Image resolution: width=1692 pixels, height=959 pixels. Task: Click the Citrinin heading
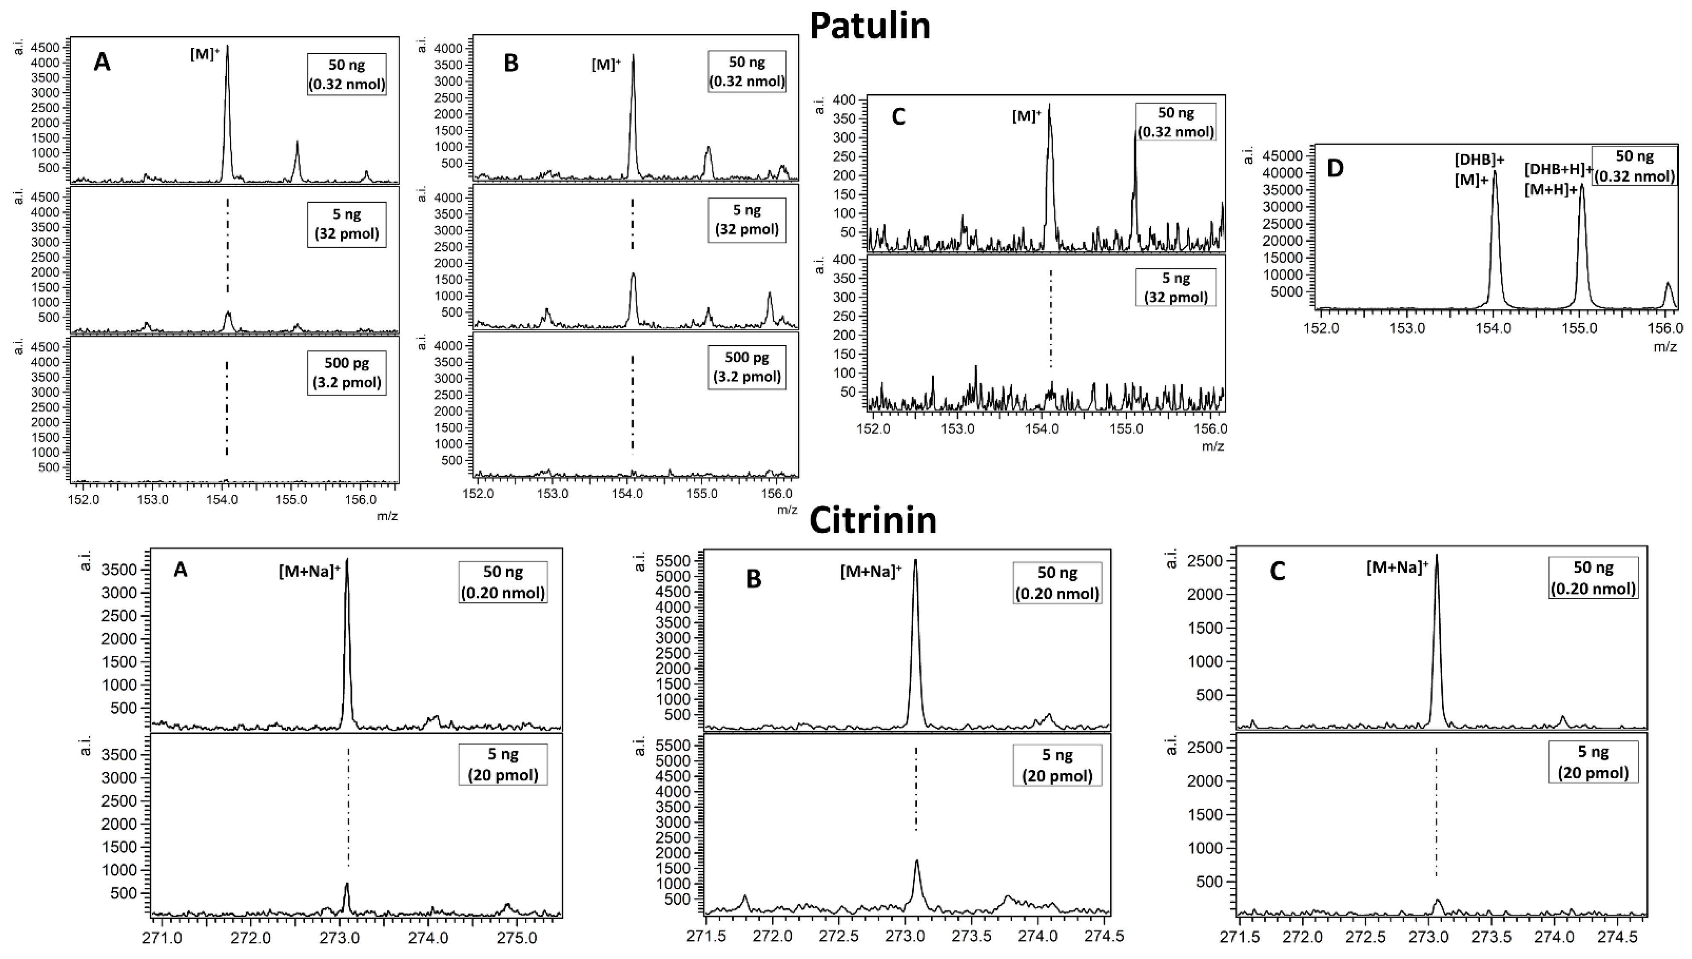(x=872, y=520)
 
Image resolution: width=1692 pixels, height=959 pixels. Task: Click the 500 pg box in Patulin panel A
(x=347, y=373)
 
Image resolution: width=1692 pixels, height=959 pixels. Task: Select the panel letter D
(x=1334, y=169)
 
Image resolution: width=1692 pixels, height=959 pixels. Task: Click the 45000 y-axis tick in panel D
(x=1281, y=156)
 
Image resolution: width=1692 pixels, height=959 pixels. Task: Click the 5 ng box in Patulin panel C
(x=1176, y=288)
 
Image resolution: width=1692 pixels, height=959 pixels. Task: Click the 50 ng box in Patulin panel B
(x=747, y=72)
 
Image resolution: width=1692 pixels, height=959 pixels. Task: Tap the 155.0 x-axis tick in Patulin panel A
(x=292, y=499)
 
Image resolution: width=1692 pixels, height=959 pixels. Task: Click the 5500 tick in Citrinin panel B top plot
(x=672, y=561)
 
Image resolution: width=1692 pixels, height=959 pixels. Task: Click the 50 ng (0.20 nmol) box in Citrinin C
(x=1593, y=578)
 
